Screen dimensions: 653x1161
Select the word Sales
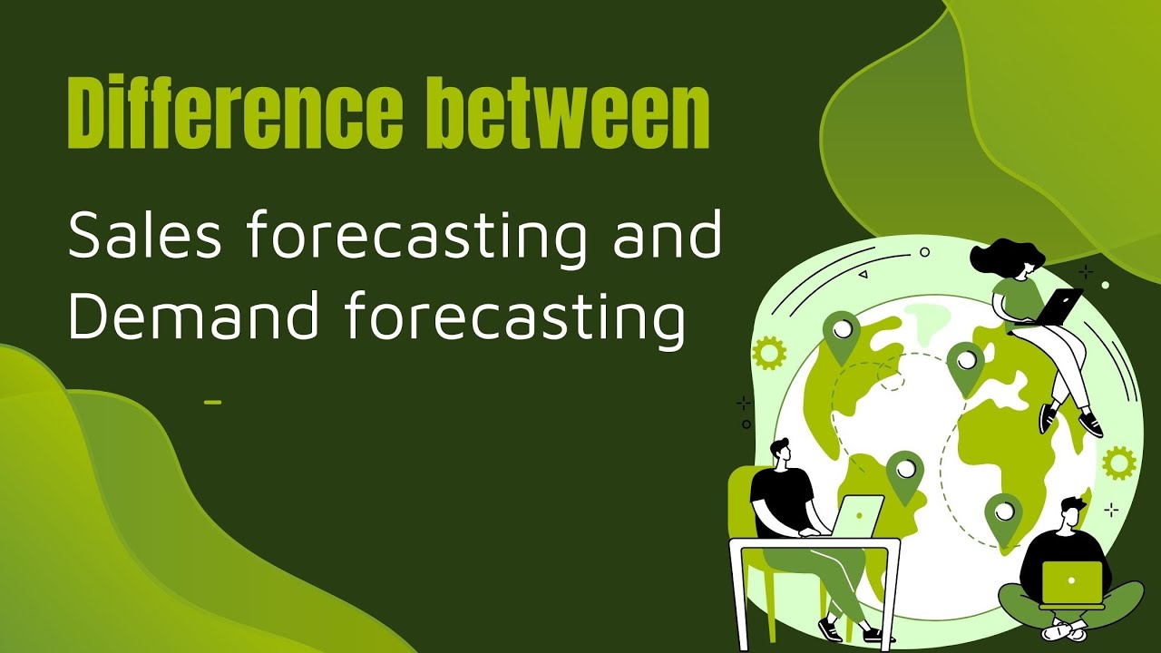pos(145,236)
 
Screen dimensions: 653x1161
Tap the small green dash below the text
pos(213,401)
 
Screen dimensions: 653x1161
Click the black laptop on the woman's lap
pos(1058,307)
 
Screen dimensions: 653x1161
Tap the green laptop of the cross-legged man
pos(1071,582)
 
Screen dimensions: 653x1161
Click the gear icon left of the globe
pos(769,352)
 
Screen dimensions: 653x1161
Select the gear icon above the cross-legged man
pos(1119,463)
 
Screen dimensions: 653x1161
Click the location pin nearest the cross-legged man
pos(1003,515)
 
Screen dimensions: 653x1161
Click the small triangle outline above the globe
pos(863,273)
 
